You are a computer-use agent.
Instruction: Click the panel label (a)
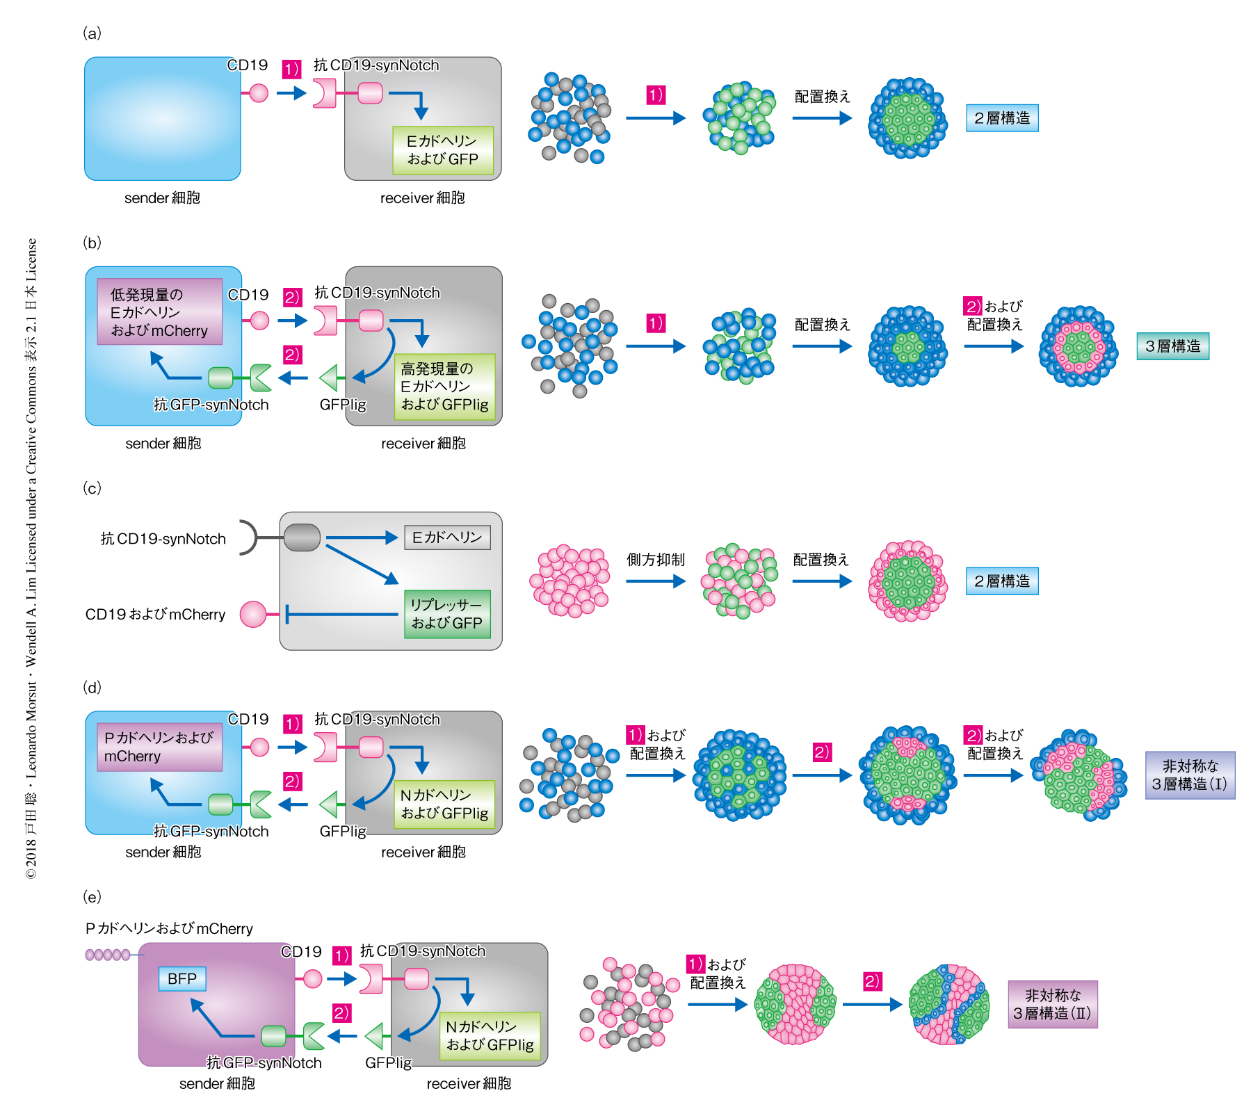coord(92,33)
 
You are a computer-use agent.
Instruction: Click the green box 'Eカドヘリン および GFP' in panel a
coord(443,150)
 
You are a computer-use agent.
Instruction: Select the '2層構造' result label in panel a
coord(1001,118)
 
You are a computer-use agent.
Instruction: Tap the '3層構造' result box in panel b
coord(1172,346)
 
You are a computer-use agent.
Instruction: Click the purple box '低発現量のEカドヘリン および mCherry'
coord(159,312)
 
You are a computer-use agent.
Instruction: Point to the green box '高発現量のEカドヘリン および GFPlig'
coord(445,387)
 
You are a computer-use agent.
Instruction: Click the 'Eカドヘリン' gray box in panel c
coord(447,537)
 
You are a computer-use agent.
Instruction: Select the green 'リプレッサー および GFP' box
coord(447,614)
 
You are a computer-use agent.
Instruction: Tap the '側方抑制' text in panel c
coord(655,560)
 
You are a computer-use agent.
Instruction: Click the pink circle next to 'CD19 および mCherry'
coord(252,615)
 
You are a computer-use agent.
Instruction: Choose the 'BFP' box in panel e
coord(182,979)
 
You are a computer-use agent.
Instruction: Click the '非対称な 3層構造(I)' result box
coord(1190,775)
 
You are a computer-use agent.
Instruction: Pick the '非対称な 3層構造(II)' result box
coord(1052,1005)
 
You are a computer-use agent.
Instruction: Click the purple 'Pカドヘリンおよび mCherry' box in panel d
coord(159,747)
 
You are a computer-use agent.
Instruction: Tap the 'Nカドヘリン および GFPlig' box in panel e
coord(490,1036)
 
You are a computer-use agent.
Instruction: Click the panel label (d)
coord(92,688)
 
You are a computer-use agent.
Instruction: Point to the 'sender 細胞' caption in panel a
coord(162,198)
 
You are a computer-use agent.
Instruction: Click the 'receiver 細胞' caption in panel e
coord(469,1083)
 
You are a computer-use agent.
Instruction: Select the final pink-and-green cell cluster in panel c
coord(907,581)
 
